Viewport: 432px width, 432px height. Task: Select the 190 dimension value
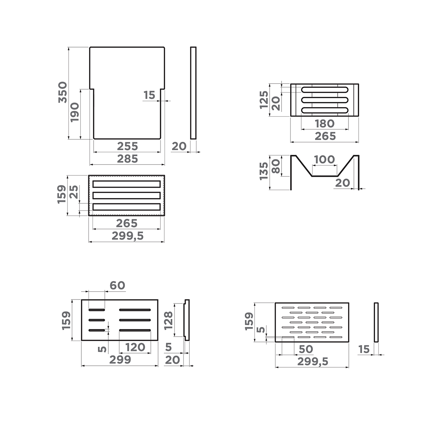(75, 112)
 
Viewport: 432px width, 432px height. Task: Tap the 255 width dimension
(127, 146)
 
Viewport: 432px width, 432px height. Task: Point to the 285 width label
(127, 158)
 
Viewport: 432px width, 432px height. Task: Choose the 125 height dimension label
(264, 100)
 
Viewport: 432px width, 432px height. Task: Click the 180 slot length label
(325, 123)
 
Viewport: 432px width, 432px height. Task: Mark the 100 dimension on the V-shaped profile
(324, 159)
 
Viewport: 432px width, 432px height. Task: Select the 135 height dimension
(264, 171)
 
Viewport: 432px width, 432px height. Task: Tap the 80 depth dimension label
(276, 166)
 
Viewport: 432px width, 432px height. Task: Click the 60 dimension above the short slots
(117, 285)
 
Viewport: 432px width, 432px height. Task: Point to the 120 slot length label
(135, 347)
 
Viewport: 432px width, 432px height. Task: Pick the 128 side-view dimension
(168, 320)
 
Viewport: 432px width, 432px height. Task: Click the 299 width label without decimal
(120, 360)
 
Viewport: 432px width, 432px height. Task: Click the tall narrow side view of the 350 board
(193, 93)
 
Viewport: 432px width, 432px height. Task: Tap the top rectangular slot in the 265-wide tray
(126, 184)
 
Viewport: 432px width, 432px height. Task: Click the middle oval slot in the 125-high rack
(325, 100)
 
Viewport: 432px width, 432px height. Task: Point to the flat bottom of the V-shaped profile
(324, 176)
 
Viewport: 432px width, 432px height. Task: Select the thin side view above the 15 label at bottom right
(376, 322)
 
